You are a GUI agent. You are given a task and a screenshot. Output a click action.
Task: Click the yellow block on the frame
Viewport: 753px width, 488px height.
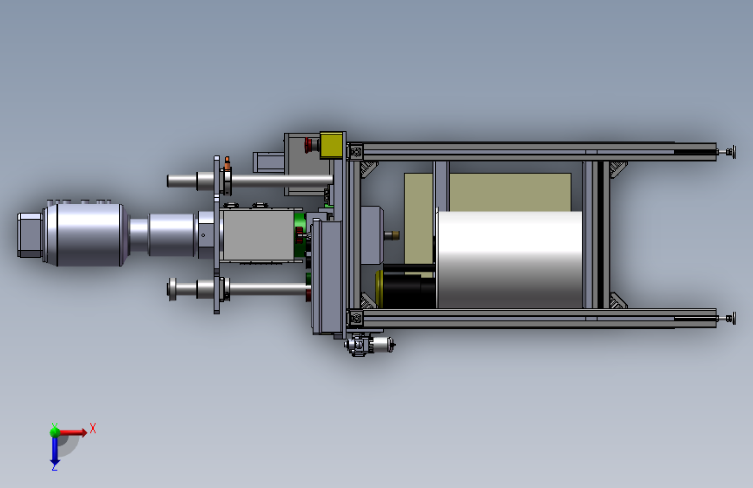pos(332,144)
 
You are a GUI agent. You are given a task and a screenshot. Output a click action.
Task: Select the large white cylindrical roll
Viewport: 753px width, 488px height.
pos(509,259)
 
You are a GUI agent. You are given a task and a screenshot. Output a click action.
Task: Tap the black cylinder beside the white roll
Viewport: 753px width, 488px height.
pos(409,287)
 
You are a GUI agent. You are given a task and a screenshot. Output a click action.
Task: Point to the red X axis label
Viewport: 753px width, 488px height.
pos(93,428)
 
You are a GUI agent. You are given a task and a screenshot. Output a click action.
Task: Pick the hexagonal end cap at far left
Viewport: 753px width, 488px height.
pos(30,235)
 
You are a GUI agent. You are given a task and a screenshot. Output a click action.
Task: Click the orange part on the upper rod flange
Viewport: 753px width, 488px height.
pos(228,163)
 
